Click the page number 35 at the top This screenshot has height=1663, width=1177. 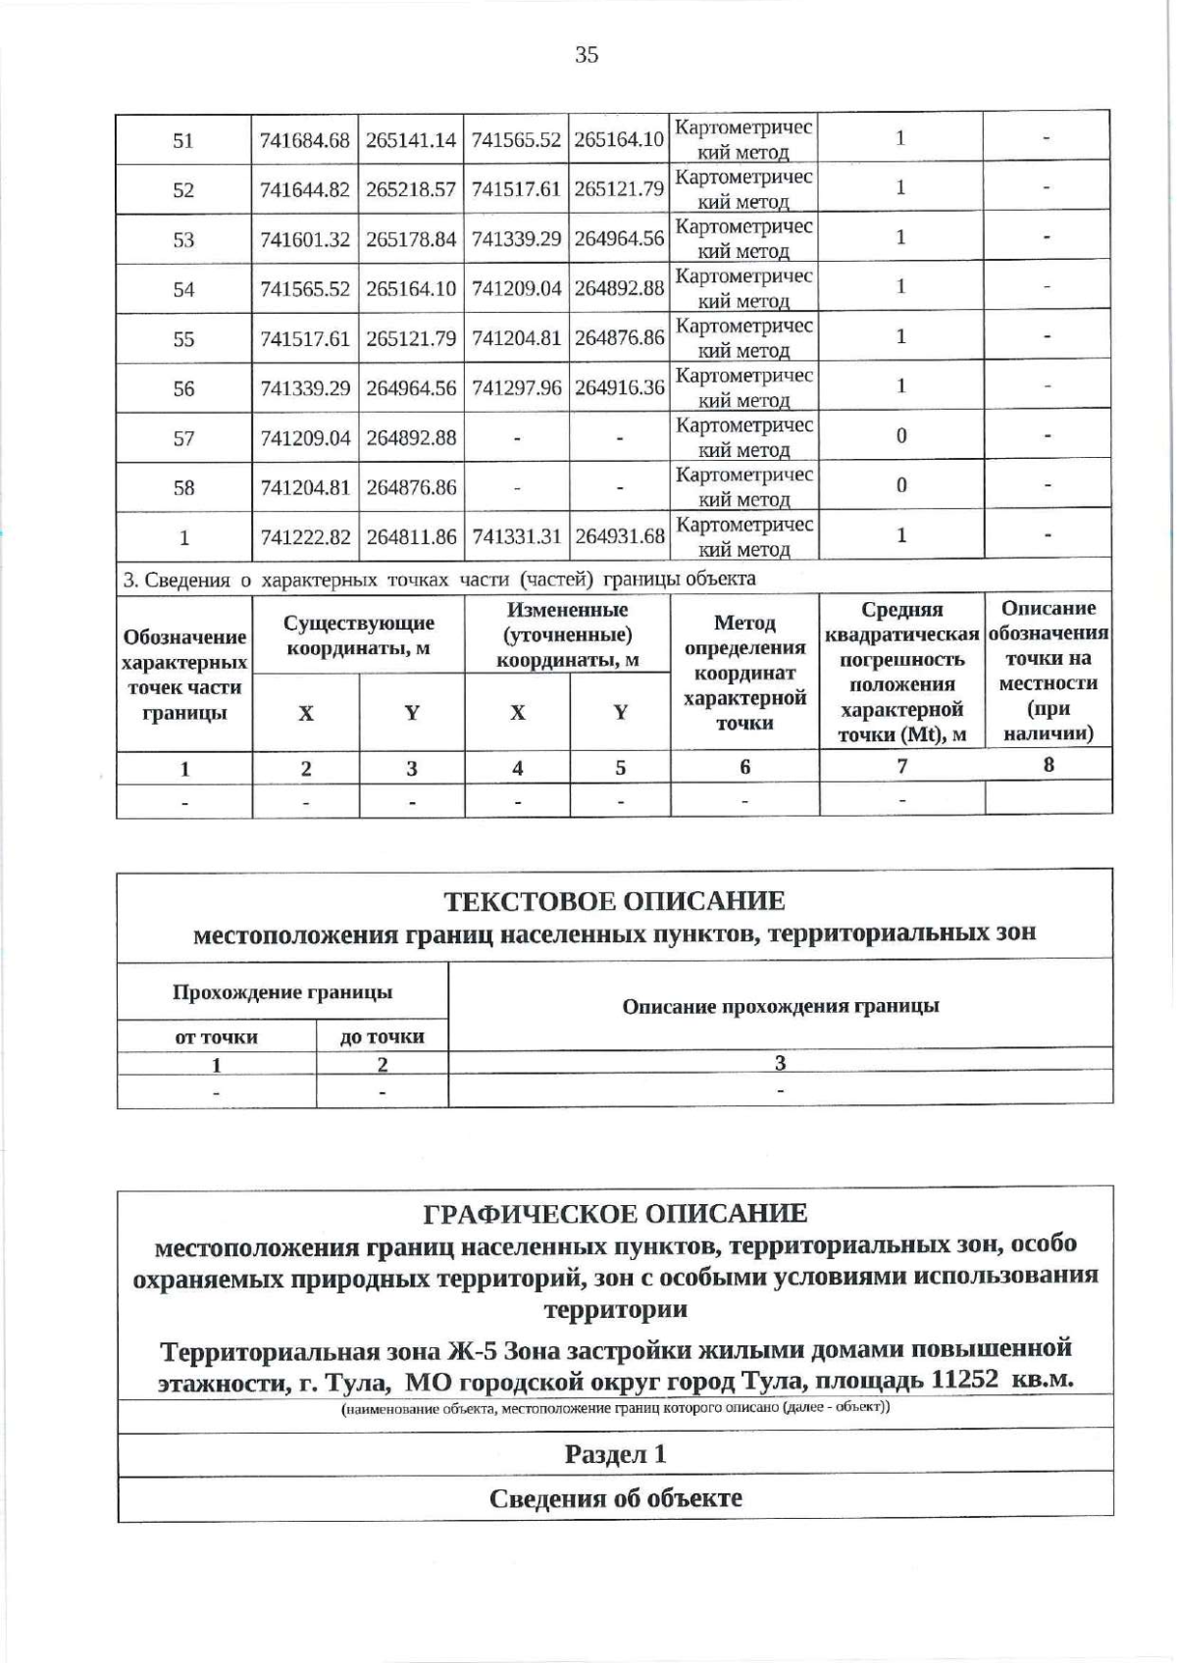pyautogui.click(x=587, y=55)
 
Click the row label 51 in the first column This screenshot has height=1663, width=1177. pyautogui.click(x=183, y=140)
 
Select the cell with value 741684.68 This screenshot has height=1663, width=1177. pyautogui.click(x=305, y=140)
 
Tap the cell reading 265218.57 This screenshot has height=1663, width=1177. pyautogui.click(x=411, y=190)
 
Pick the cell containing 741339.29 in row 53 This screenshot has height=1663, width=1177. pyautogui.click(x=517, y=239)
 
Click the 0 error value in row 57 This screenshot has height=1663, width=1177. pyautogui.click(x=900, y=436)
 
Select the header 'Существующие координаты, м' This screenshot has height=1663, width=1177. pyautogui.click(x=358, y=635)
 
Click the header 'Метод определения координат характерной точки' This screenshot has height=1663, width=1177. pyautogui.click(x=744, y=673)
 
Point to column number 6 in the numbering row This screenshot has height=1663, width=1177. pyautogui.click(x=744, y=767)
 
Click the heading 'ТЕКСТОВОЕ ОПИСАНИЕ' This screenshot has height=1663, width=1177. pyautogui.click(x=614, y=900)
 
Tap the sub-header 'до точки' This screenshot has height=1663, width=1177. pyautogui.click(x=382, y=1036)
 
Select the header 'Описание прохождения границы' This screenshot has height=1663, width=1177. pyautogui.click(x=781, y=1006)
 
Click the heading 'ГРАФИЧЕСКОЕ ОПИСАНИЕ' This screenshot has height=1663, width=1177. pyautogui.click(x=615, y=1213)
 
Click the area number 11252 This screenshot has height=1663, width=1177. pyautogui.click(x=964, y=1380)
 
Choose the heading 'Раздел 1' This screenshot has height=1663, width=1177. pyautogui.click(x=615, y=1453)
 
